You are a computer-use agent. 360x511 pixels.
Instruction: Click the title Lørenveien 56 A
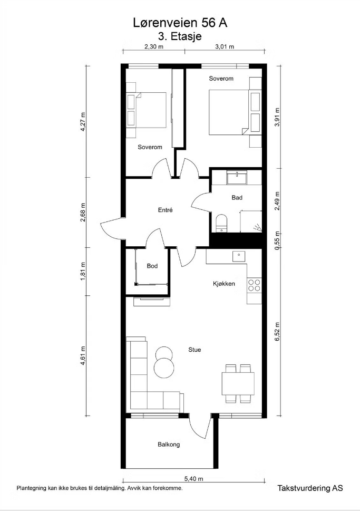pos(180,23)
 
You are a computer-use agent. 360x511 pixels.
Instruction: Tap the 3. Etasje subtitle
pos(180,36)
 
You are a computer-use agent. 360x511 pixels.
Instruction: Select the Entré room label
pos(165,210)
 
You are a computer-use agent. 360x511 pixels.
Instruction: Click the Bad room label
pos(237,197)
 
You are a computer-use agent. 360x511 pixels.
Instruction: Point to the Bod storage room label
pos(152,266)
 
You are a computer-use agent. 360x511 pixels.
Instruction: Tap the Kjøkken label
pos(224,284)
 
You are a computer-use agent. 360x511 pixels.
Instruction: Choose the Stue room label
pos(194,350)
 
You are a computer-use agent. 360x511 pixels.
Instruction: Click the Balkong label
pos(169,444)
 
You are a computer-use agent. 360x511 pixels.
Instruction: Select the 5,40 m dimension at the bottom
pos(193,479)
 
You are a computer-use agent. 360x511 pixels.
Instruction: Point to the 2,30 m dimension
pos(154,46)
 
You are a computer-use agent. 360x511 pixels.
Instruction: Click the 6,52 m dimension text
pos(277,332)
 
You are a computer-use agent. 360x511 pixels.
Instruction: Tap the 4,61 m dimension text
pos(83,356)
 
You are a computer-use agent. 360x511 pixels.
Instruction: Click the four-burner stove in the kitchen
pos(254,285)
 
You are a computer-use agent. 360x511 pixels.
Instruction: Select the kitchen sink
pos(239,256)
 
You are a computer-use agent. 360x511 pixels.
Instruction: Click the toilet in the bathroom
pos(221,223)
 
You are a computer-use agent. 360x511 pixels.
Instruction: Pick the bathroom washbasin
pos(237,178)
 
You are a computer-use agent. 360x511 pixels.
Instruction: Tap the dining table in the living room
pos(238,383)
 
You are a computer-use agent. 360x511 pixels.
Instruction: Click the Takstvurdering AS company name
pos(310,488)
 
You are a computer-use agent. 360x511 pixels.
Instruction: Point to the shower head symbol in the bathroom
pos(258,228)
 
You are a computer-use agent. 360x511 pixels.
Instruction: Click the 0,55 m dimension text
pos(277,240)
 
